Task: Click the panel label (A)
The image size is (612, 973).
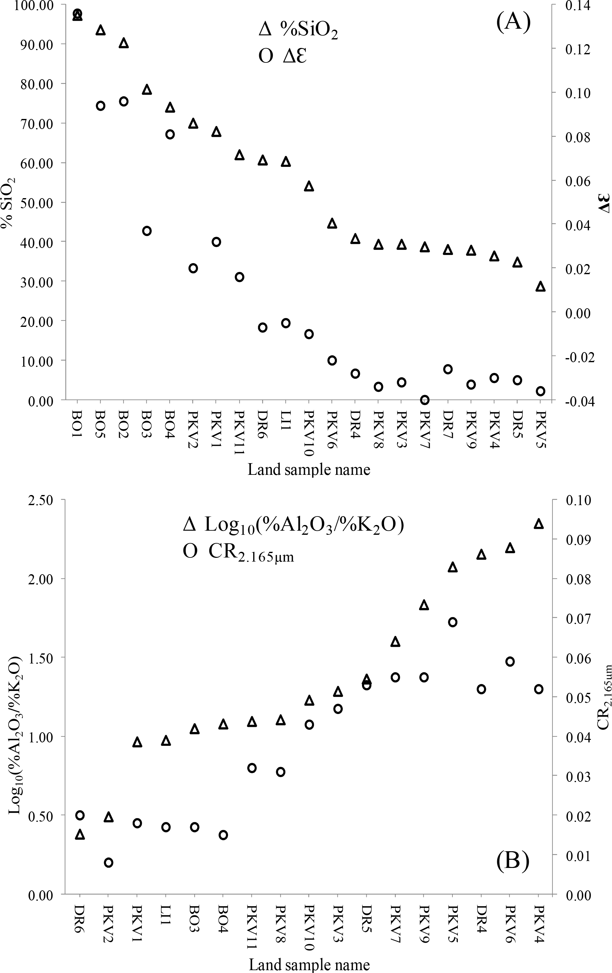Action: click(x=513, y=22)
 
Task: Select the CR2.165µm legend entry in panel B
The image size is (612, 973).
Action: click(x=238, y=551)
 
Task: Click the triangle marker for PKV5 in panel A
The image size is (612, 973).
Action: click(x=540, y=286)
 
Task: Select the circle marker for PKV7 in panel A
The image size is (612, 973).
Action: click(x=425, y=400)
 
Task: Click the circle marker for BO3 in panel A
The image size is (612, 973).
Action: click(x=147, y=231)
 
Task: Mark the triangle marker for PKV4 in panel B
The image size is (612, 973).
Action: click(x=539, y=524)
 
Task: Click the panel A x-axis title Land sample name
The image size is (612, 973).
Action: click(x=309, y=469)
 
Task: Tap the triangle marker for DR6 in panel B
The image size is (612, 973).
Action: click(x=80, y=834)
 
